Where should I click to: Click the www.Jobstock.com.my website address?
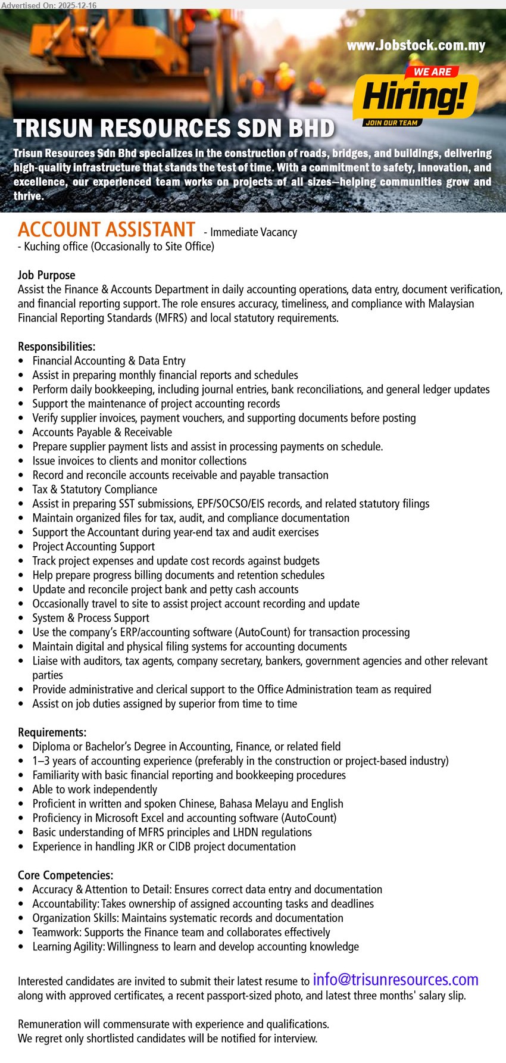[416, 46]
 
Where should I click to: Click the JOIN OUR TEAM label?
[391, 123]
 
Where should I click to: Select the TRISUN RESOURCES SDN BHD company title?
[174, 129]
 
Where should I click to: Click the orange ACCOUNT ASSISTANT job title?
[107, 230]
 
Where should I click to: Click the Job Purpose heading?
[46, 275]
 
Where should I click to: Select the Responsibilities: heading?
[57, 347]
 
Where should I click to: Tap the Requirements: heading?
[52, 732]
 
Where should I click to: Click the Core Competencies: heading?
[65, 875]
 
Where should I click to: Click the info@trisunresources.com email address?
[395, 980]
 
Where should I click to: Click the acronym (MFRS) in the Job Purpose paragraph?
[172, 318]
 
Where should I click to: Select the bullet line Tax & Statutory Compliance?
[95, 490]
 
